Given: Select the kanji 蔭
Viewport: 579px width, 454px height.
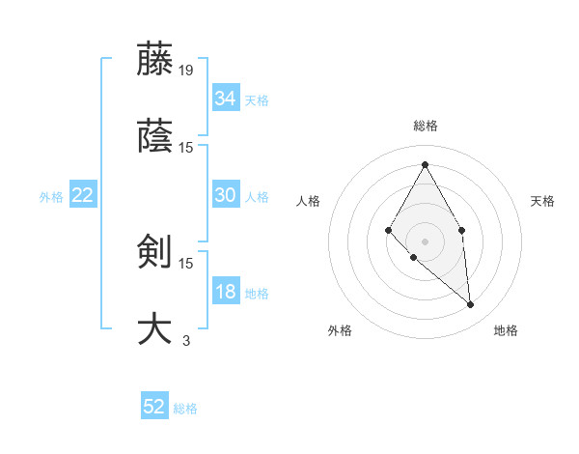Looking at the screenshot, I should coord(154,136).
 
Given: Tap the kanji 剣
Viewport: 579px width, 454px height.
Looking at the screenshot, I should coord(154,251).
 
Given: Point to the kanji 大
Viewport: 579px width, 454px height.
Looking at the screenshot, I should coord(154,328).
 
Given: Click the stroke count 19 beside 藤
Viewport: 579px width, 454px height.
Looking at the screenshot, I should coord(186,70).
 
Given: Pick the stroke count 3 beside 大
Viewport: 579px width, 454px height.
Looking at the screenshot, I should coord(186,340).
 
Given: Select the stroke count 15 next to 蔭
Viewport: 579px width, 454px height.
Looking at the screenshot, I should coord(186,148).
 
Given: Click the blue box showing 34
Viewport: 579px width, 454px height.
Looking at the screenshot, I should coord(225,99).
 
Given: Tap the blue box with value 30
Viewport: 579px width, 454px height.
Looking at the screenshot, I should coord(225,195).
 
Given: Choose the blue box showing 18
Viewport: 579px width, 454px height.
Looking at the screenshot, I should coord(225,293).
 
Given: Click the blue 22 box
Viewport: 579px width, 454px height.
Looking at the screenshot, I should coord(82,195).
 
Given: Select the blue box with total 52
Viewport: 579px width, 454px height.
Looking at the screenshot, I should coord(154,407).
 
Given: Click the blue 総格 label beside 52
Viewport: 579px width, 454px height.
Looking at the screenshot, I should coord(185,409).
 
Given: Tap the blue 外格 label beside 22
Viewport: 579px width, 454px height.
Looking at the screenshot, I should coord(51,197).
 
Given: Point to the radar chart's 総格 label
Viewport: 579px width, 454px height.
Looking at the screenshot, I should coord(425,126).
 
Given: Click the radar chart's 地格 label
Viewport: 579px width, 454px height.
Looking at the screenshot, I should coord(506,330).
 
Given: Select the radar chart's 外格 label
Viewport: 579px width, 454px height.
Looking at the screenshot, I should coord(340,330).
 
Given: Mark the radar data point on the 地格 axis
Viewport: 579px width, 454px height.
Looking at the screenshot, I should coord(470,305).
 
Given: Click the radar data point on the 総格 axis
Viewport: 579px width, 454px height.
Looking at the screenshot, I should coord(425,164).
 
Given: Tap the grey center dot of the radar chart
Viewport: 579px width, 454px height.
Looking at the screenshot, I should coord(425,241).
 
